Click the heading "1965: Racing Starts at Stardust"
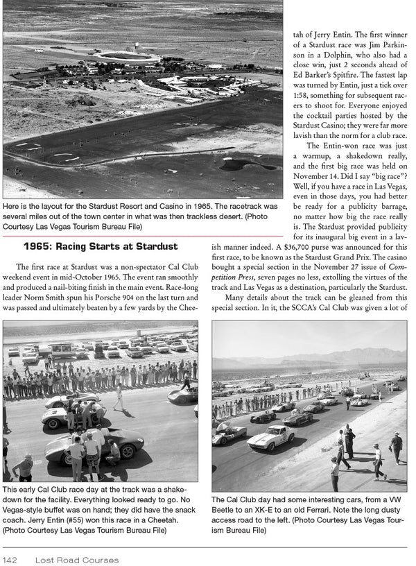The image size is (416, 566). click(101, 246)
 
